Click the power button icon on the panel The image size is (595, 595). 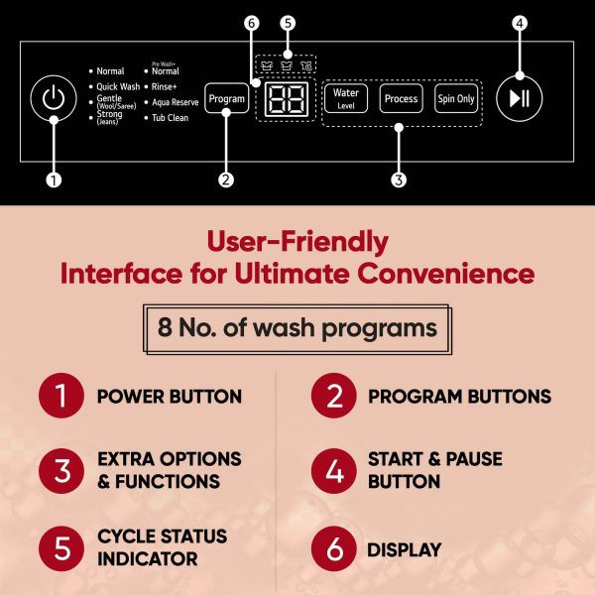[54, 98]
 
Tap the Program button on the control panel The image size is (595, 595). [226, 98]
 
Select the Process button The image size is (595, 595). [401, 98]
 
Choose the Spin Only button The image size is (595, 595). [456, 98]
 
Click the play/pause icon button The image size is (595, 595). [519, 98]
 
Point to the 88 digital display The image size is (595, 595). [287, 99]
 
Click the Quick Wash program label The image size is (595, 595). [118, 86]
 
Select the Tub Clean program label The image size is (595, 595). [170, 118]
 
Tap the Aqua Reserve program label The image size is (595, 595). [176, 102]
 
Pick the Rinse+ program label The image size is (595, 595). [165, 86]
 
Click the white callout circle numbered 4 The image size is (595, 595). [520, 23]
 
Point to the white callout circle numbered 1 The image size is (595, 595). [54, 179]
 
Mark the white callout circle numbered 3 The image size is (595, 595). [399, 179]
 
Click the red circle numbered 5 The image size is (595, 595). [61, 548]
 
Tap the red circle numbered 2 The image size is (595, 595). [334, 396]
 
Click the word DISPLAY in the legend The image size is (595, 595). [405, 549]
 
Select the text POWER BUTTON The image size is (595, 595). [170, 397]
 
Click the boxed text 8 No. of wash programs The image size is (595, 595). [297, 328]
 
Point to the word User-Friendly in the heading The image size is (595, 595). [297, 242]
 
